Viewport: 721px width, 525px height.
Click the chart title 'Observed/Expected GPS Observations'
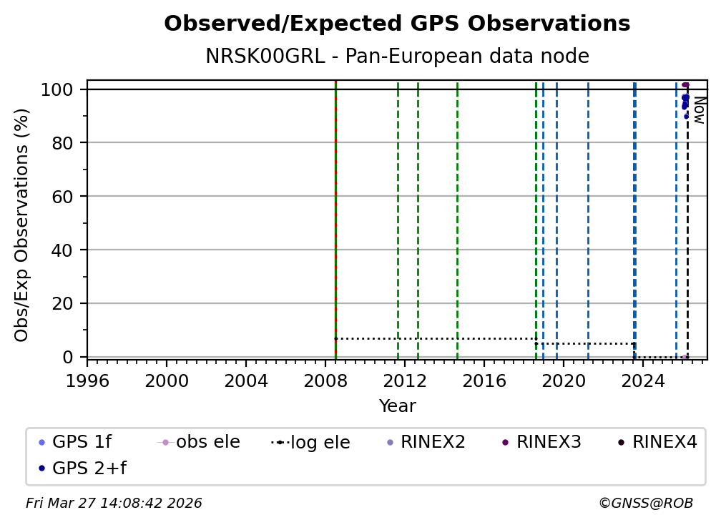pyautogui.click(x=397, y=24)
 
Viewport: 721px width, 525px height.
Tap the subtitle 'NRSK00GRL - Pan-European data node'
pyautogui.click(x=397, y=57)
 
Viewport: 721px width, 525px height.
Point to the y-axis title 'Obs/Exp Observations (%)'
pyautogui.click(x=22, y=225)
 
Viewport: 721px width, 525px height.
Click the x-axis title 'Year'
pyautogui.click(x=397, y=406)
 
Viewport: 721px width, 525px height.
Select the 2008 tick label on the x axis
pyautogui.click(x=325, y=381)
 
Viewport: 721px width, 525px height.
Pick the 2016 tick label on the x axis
pyautogui.click(x=484, y=381)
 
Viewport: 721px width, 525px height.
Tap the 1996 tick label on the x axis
pyautogui.click(x=87, y=381)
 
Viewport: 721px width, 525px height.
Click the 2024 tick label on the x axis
pyautogui.click(x=643, y=381)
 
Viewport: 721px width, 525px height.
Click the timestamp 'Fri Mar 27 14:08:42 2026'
pyautogui.click(x=114, y=504)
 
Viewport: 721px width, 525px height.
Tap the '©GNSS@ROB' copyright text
pyautogui.click(x=645, y=504)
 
